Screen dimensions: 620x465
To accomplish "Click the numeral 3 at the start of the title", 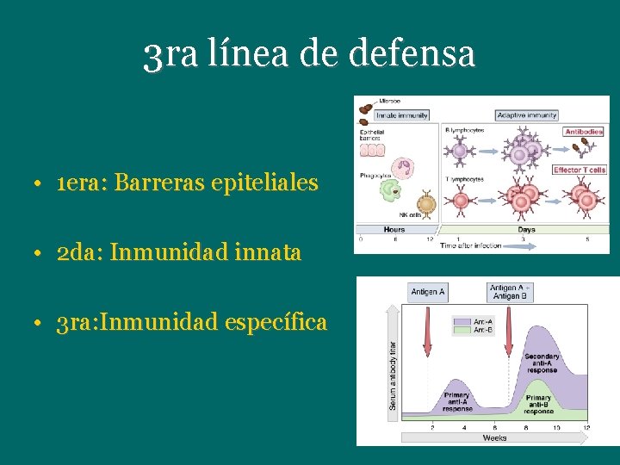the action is (152, 57).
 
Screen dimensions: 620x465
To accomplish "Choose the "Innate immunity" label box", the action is (401, 115).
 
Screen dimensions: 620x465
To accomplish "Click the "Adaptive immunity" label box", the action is (526, 115).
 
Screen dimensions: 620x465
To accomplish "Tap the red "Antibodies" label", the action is (584, 132).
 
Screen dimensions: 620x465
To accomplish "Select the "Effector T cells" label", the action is (580, 170).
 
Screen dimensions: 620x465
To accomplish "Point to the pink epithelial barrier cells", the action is (372, 150).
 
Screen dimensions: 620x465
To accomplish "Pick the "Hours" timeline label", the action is (394, 230).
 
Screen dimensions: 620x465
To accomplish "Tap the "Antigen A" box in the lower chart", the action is (428, 292).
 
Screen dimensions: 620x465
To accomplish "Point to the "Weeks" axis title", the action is (493, 438).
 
